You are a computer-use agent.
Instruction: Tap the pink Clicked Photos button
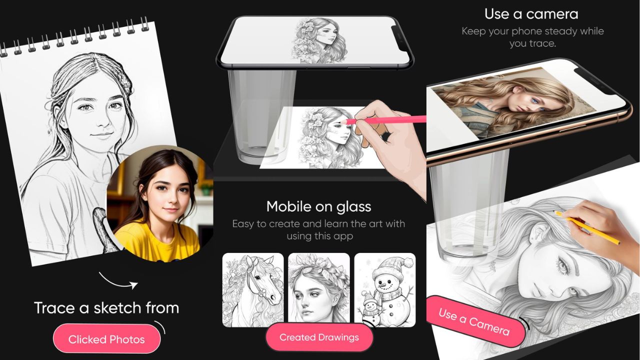106,339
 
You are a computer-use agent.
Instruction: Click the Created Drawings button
319,337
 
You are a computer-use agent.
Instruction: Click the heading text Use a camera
531,14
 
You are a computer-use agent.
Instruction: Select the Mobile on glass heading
318,206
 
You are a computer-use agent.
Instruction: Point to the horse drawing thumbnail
253,290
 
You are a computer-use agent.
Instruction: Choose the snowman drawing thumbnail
385,290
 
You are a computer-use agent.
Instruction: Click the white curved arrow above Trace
117,281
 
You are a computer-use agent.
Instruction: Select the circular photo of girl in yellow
160,203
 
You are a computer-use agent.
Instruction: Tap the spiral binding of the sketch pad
74,37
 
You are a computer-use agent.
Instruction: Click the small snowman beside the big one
369,309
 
